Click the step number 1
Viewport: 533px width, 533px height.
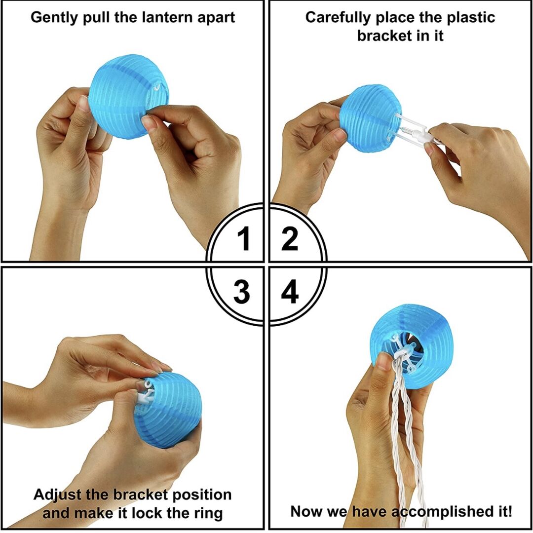(x=244, y=239)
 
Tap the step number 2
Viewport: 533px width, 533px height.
(x=290, y=239)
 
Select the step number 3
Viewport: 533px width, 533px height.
(x=242, y=291)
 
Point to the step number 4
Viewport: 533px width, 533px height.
(x=290, y=291)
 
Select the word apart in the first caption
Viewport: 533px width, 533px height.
(x=216, y=17)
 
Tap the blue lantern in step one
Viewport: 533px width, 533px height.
(x=129, y=97)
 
